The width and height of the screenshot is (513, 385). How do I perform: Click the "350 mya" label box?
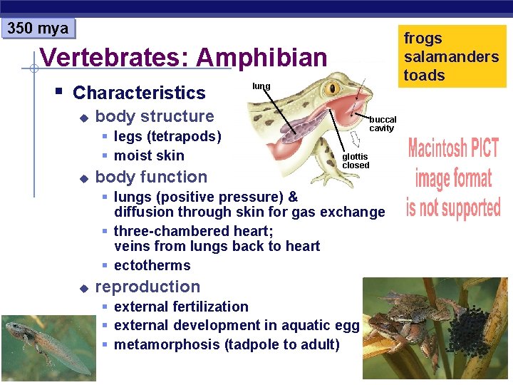pos(38,29)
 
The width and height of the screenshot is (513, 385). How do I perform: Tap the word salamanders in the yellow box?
pos(451,57)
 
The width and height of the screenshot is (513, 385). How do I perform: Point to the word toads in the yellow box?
pos(424,76)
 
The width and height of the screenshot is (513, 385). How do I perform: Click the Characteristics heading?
pos(139,93)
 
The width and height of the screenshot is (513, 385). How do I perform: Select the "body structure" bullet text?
pos(154,116)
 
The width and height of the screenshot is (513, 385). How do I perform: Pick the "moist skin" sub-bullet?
pos(149,155)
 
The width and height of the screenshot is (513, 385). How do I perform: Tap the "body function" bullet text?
pos(151,177)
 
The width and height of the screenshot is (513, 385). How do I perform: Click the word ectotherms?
pos(152,265)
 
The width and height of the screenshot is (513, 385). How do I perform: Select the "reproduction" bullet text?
pos(147,287)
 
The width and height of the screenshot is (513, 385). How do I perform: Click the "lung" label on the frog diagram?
pos(261,86)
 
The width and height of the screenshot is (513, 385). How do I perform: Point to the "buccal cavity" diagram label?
pos(382,124)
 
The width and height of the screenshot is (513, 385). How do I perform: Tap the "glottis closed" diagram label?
pos(356,161)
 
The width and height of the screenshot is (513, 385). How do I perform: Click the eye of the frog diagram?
pos(332,88)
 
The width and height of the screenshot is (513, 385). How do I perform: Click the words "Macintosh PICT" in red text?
pos(453,149)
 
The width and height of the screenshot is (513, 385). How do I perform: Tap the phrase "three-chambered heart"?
pos(193,231)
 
